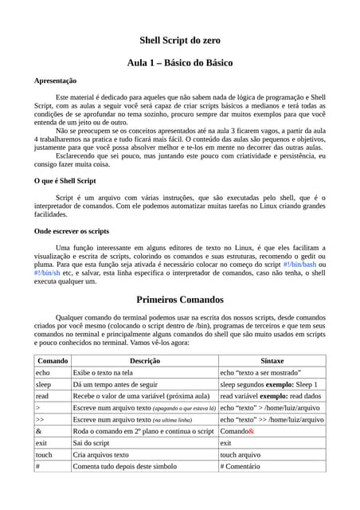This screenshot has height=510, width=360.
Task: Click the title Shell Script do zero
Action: pos(180,39)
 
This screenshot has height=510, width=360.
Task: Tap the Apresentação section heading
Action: pos(55,80)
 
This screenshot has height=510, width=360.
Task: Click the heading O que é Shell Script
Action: pos(65,181)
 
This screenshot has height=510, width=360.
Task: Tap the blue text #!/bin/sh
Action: pos(46,273)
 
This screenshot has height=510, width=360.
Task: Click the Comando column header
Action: pos(53,360)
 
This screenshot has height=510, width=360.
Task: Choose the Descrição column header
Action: pos(144,360)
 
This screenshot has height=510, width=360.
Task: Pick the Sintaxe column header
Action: pos(272,360)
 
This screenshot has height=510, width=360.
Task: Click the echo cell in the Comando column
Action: pos(43,372)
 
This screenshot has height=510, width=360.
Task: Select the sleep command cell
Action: pos(43,384)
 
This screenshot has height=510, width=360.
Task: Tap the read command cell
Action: pos(42,395)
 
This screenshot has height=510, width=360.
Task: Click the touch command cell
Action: pos(44,454)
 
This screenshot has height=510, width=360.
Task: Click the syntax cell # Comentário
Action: pos(245,466)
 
